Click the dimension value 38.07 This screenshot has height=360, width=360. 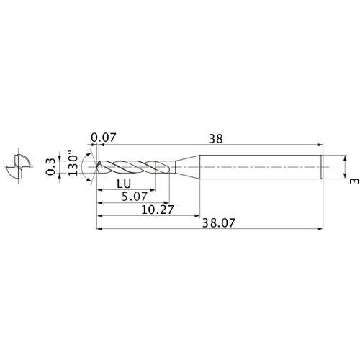210,223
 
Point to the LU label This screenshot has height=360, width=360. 122,184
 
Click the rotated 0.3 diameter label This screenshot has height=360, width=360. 50,166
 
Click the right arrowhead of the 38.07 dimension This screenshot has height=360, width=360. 320,230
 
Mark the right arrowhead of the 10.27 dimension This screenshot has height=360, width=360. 197,215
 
